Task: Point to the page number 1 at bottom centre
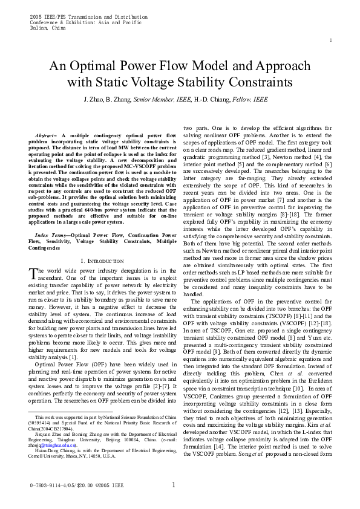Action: coord(174,501)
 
